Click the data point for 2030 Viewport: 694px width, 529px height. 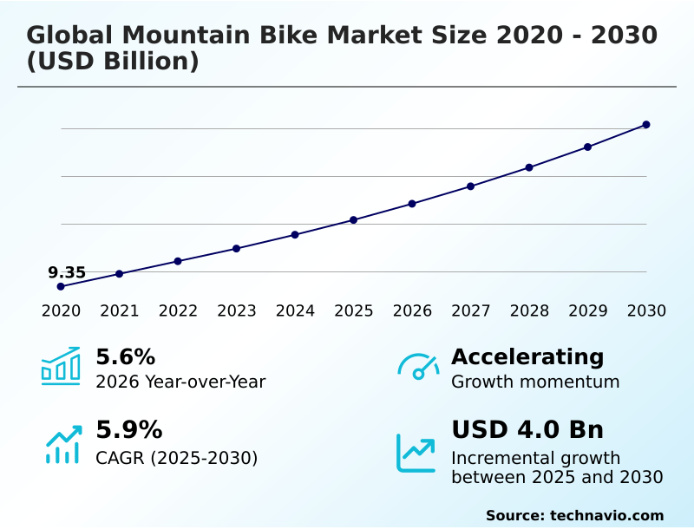click(646, 125)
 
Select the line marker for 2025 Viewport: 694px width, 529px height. click(353, 220)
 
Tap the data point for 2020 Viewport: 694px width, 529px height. click(61, 286)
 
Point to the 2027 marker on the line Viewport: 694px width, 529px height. click(470, 186)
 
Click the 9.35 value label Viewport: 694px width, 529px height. click(67, 272)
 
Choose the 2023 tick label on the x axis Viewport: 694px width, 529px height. click(236, 311)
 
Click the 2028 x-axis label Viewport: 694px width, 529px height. click(529, 311)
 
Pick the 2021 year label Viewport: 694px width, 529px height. click(119, 311)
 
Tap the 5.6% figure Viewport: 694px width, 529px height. click(125, 356)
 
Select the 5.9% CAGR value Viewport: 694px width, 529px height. click(128, 430)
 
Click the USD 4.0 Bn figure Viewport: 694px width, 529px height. click(527, 430)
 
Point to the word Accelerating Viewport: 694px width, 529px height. click(527, 356)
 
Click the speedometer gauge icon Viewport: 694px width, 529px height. click(418, 367)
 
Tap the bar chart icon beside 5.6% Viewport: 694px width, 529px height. click(61, 366)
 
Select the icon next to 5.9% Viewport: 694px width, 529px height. click(62, 444)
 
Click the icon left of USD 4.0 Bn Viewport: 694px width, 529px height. click(416, 453)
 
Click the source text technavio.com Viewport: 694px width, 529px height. click(606, 515)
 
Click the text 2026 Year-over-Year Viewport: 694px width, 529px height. click(180, 382)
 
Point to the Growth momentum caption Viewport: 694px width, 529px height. click(535, 382)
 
